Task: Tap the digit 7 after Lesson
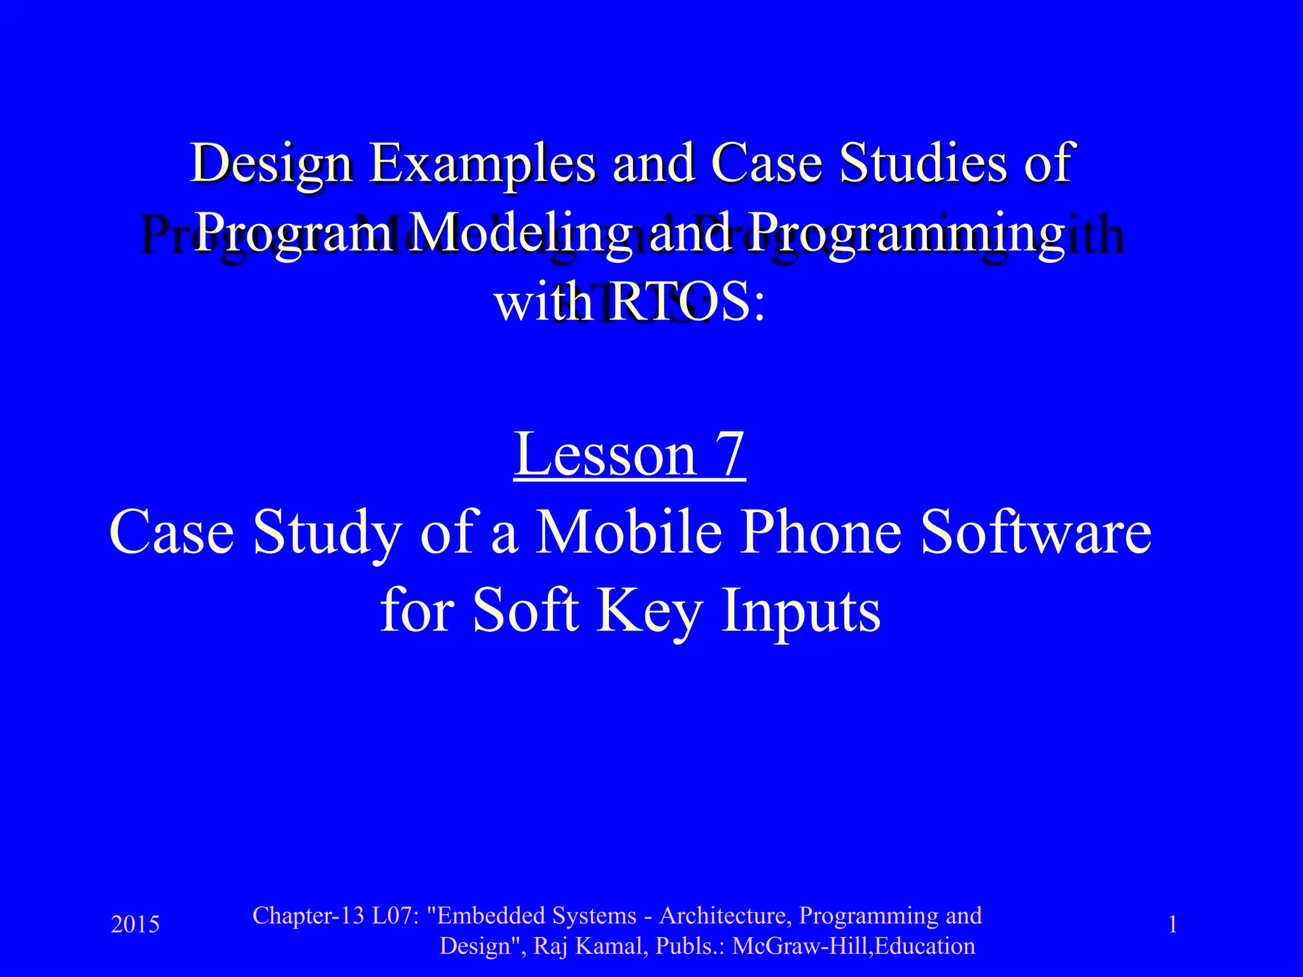pos(728,454)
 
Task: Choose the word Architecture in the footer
pos(725,916)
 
